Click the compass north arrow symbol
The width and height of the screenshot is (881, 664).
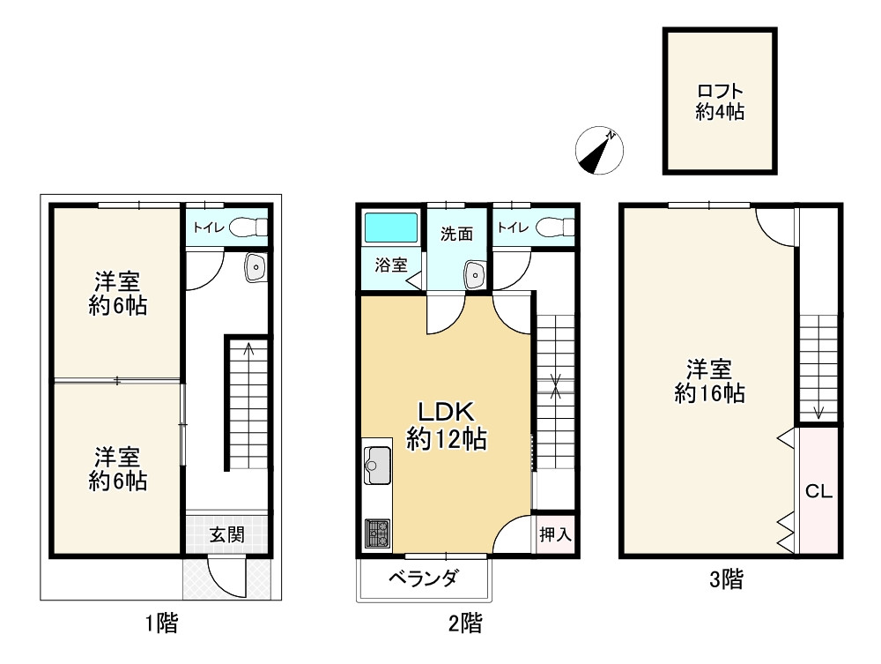[x=600, y=151]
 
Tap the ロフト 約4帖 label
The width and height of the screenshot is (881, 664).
[x=721, y=101]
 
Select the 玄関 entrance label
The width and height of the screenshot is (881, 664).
[x=226, y=534]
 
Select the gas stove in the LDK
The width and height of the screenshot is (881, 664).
[x=379, y=532]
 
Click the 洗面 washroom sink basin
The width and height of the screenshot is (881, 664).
[x=475, y=275]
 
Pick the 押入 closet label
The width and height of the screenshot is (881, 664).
[x=555, y=534]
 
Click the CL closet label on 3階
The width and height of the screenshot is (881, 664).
[x=818, y=492]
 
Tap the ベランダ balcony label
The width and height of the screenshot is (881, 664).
[x=424, y=579]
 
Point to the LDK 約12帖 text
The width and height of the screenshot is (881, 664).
[x=446, y=426]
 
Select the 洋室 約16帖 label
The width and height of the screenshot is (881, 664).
[x=709, y=381]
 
